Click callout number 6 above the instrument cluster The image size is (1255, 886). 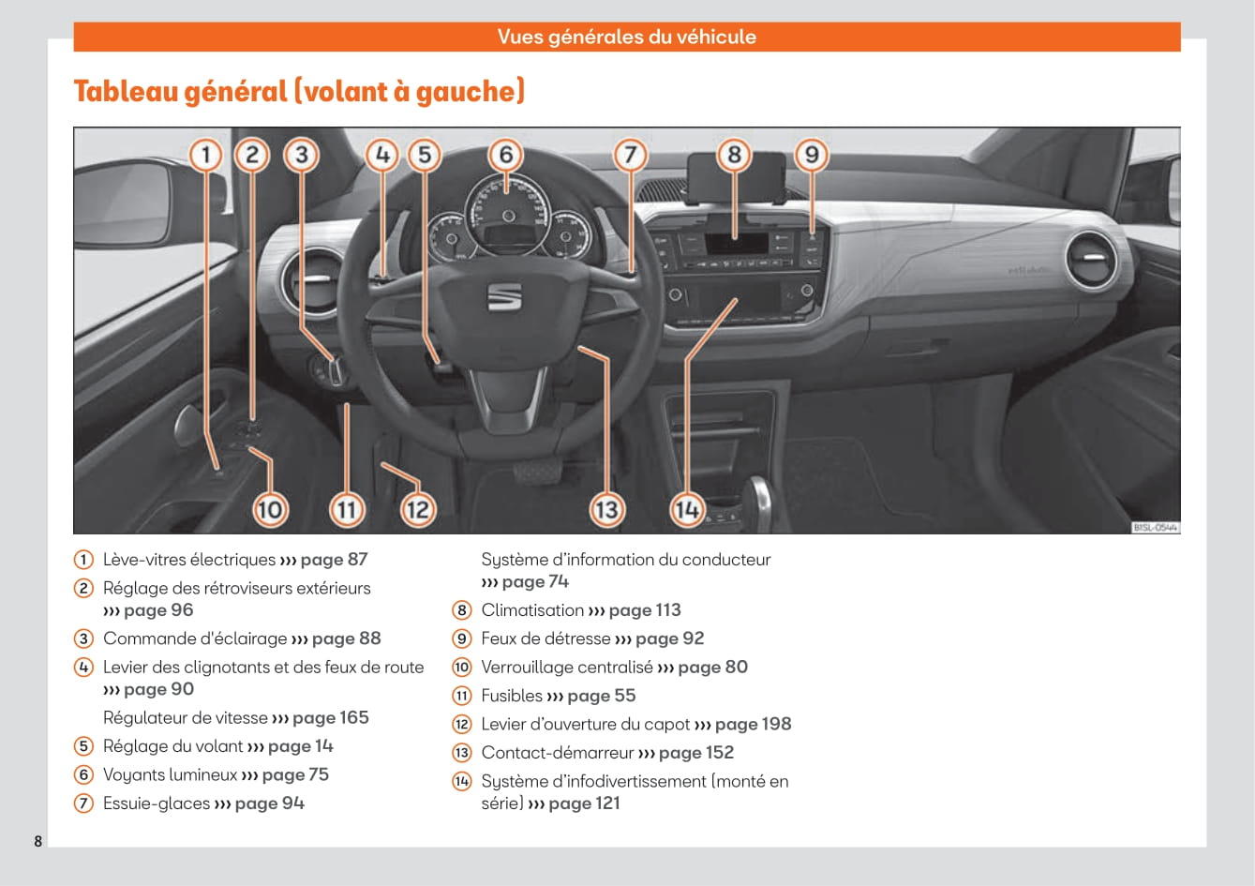click(x=506, y=155)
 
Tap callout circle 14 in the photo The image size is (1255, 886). click(x=686, y=509)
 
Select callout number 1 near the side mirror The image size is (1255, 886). click(x=206, y=155)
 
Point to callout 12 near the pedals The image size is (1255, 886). click(x=417, y=509)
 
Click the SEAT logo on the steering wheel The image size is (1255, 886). click(x=504, y=298)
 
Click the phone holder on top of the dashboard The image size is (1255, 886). click(x=735, y=177)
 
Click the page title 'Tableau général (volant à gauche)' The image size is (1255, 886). click(x=299, y=92)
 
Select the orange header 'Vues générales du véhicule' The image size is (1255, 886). click(x=626, y=38)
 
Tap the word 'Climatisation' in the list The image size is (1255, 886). click(x=532, y=610)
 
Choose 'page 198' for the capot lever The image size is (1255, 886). click(x=753, y=724)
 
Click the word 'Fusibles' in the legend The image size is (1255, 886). click(x=512, y=696)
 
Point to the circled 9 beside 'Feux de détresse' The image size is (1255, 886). click(x=462, y=638)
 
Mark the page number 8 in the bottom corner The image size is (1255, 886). click(x=38, y=841)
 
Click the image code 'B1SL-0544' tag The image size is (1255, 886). click(x=1155, y=528)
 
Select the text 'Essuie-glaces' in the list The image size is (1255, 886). click(x=157, y=803)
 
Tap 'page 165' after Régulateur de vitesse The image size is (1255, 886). click(x=330, y=718)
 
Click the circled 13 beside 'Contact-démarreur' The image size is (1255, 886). click(x=462, y=753)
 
